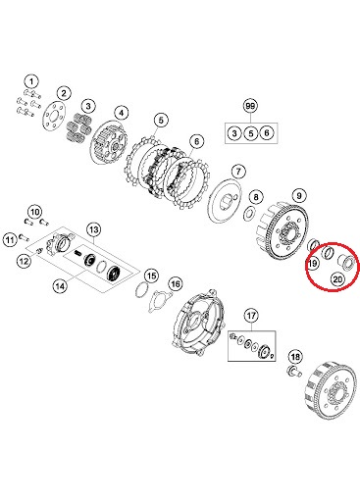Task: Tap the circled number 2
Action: pos(63,94)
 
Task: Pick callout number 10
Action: pos(34,213)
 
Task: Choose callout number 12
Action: pos(24,262)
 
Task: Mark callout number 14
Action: pos(59,286)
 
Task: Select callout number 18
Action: pos(295,356)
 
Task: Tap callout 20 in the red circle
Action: pos(337,279)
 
